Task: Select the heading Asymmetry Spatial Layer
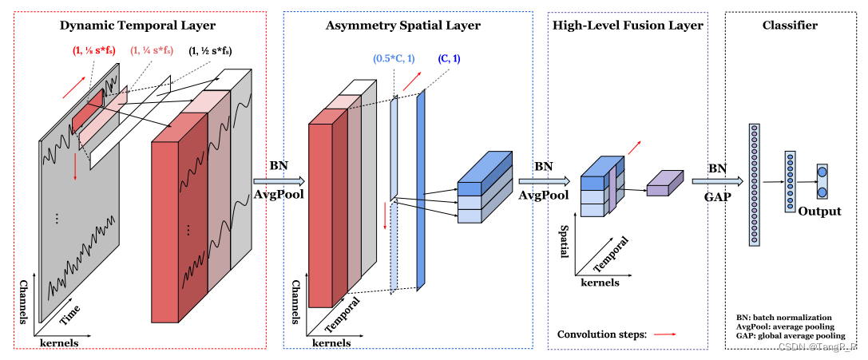point(402,26)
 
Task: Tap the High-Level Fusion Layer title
point(628,26)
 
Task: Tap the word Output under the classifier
point(821,212)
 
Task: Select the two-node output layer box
point(822,181)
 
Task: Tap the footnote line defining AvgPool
point(784,326)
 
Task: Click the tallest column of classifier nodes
point(752,184)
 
